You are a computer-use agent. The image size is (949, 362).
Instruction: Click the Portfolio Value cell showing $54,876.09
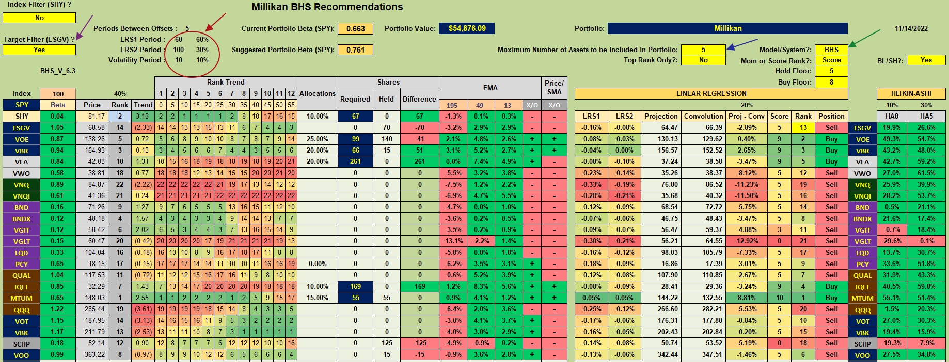pos(467,28)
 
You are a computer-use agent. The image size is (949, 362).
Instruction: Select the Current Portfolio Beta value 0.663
pos(355,29)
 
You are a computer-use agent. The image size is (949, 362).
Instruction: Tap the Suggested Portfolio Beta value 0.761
pos(355,50)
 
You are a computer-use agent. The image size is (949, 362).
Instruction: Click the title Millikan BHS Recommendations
pos(327,7)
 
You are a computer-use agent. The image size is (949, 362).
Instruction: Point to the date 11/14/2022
pos(911,28)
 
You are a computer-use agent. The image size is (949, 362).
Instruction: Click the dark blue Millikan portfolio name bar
pos(727,28)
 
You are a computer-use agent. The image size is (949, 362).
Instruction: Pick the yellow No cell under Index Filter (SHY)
pos(39,18)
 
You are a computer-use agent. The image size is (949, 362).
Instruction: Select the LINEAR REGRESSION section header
pos(711,93)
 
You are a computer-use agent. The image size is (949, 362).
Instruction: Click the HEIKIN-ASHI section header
pos(911,93)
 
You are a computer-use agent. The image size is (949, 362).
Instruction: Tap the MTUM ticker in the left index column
pos(22,298)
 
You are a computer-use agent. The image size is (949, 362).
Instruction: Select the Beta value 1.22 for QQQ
pos(57,309)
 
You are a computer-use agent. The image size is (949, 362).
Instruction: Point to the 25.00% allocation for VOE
pos(317,139)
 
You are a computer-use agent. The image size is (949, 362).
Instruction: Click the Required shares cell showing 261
pos(355,162)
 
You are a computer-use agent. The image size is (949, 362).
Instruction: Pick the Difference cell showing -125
pos(420,343)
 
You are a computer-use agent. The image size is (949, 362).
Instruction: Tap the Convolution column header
pos(703,117)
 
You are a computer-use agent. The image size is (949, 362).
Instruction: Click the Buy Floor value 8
pos(831,82)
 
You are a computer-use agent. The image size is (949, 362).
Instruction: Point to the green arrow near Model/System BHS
pos(864,38)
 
